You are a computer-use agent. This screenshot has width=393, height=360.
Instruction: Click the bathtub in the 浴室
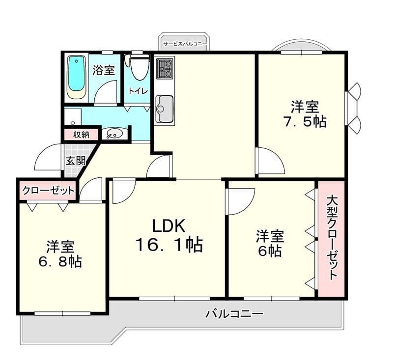pyautogui.click(x=77, y=77)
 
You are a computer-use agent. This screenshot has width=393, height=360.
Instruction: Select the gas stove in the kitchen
pyautogui.click(x=165, y=68)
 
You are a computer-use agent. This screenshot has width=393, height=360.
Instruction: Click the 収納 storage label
pyautogui.click(x=81, y=135)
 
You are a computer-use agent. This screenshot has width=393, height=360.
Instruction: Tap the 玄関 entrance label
pyautogui.click(x=76, y=160)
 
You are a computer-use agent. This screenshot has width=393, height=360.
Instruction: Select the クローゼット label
pyautogui.click(x=48, y=191)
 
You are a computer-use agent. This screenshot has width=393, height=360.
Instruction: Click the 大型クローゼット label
pyautogui.click(x=332, y=238)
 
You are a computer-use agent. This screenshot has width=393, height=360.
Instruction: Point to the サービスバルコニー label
pyautogui.click(x=185, y=44)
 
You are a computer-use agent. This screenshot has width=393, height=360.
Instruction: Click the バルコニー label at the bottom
pyautogui.click(x=235, y=314)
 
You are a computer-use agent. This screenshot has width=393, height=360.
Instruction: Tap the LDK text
pyautogui.click(x=169, y=226)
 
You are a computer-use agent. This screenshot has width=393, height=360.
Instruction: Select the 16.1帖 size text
pyautogui.click(x=169, y=245)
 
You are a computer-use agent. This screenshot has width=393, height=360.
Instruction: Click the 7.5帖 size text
pyautogui.click(x=305, y=122)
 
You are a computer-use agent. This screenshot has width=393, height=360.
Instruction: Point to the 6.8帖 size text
pyautogui.click(x=60, y=262)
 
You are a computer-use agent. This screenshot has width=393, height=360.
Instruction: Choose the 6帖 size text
pyautogui.click(x=270, y=251)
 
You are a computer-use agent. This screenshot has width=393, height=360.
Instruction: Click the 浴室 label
pyautogui.click(x=104, y=70)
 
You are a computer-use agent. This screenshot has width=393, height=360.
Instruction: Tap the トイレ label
pyautogui.click(x=139, y=91)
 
